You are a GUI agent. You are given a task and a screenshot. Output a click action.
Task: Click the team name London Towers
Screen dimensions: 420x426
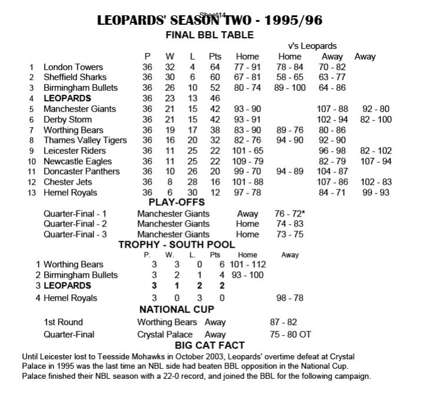point(73,67)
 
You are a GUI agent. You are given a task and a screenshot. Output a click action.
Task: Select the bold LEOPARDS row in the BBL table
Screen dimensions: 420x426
point(67,99)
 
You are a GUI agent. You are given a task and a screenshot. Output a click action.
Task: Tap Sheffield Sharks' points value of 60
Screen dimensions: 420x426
point(214,77)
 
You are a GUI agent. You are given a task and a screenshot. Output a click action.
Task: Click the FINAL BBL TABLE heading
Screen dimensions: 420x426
point(210,35)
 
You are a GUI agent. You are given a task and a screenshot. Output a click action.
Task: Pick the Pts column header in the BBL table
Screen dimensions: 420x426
point(214,57)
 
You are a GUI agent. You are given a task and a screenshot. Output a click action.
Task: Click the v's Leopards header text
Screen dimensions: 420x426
point(313,45)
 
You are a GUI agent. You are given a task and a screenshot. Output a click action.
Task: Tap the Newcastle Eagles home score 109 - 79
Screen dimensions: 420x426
point(247,161)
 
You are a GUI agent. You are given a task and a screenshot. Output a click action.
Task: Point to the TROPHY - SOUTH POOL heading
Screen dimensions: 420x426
point(177,244)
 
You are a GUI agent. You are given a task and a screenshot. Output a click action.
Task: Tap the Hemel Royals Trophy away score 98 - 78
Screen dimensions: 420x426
point(290,298)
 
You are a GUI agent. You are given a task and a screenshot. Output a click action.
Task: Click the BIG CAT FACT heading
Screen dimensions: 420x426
point(210,345)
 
